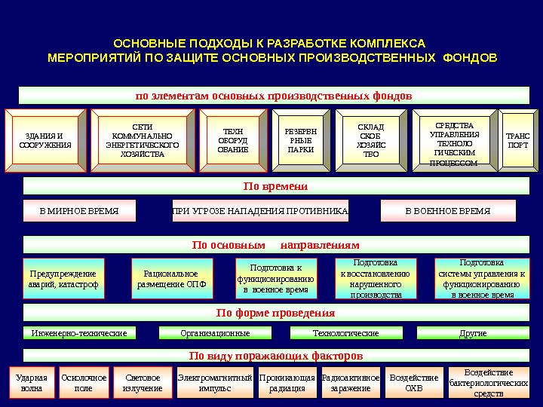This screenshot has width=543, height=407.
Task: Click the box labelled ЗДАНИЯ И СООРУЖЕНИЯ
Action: [45, 140]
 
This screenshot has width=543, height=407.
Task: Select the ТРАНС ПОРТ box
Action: [518, 140]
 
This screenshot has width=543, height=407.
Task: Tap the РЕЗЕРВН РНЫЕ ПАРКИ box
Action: [301, 140]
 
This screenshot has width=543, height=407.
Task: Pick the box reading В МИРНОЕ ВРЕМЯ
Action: [79, 211]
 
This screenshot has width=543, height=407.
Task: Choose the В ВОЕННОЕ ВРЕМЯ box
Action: [448, 211]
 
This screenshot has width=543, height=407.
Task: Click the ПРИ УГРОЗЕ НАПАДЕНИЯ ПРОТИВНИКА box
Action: [260, 211]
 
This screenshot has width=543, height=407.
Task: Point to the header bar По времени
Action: [275, 186]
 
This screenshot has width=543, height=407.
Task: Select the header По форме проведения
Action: [275, 313]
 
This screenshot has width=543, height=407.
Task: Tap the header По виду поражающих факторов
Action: [275, 355]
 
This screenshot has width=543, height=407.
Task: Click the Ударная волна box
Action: [32, 383]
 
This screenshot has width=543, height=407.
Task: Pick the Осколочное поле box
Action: [84, 383]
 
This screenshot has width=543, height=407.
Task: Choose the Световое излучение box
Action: [143, 383]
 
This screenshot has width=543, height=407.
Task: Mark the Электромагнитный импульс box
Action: [215, 383]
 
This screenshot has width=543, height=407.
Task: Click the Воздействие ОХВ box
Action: [414, 383]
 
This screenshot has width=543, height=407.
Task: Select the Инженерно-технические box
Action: [79, 332]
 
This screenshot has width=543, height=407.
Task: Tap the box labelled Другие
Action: [473, 332]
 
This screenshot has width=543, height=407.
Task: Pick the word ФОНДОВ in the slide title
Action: [472, 57]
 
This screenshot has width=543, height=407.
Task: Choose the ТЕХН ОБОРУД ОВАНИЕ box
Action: [232, 140]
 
